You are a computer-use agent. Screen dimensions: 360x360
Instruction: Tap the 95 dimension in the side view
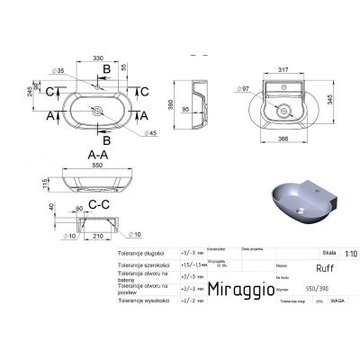coord(186,111)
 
